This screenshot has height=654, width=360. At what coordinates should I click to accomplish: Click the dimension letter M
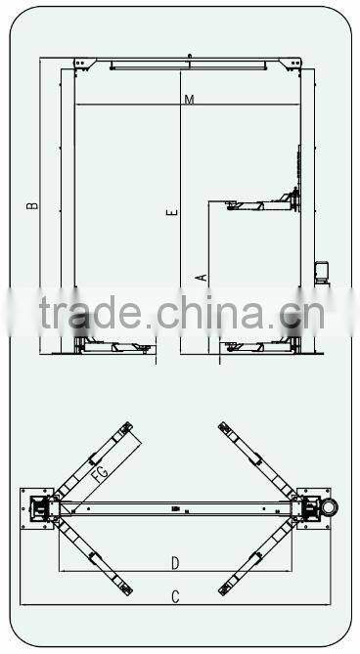pos(188,100)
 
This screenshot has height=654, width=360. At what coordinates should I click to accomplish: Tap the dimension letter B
pos(32,205)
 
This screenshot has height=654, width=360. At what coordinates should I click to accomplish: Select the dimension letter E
pos(171,212)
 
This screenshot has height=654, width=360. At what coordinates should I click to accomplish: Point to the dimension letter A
pos(202,277)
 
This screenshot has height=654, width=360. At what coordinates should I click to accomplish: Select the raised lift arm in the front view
pos(256,204)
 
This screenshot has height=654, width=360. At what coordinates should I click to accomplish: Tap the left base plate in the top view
pos(39,508)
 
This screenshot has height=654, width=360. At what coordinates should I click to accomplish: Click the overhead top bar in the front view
pos(188,66)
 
